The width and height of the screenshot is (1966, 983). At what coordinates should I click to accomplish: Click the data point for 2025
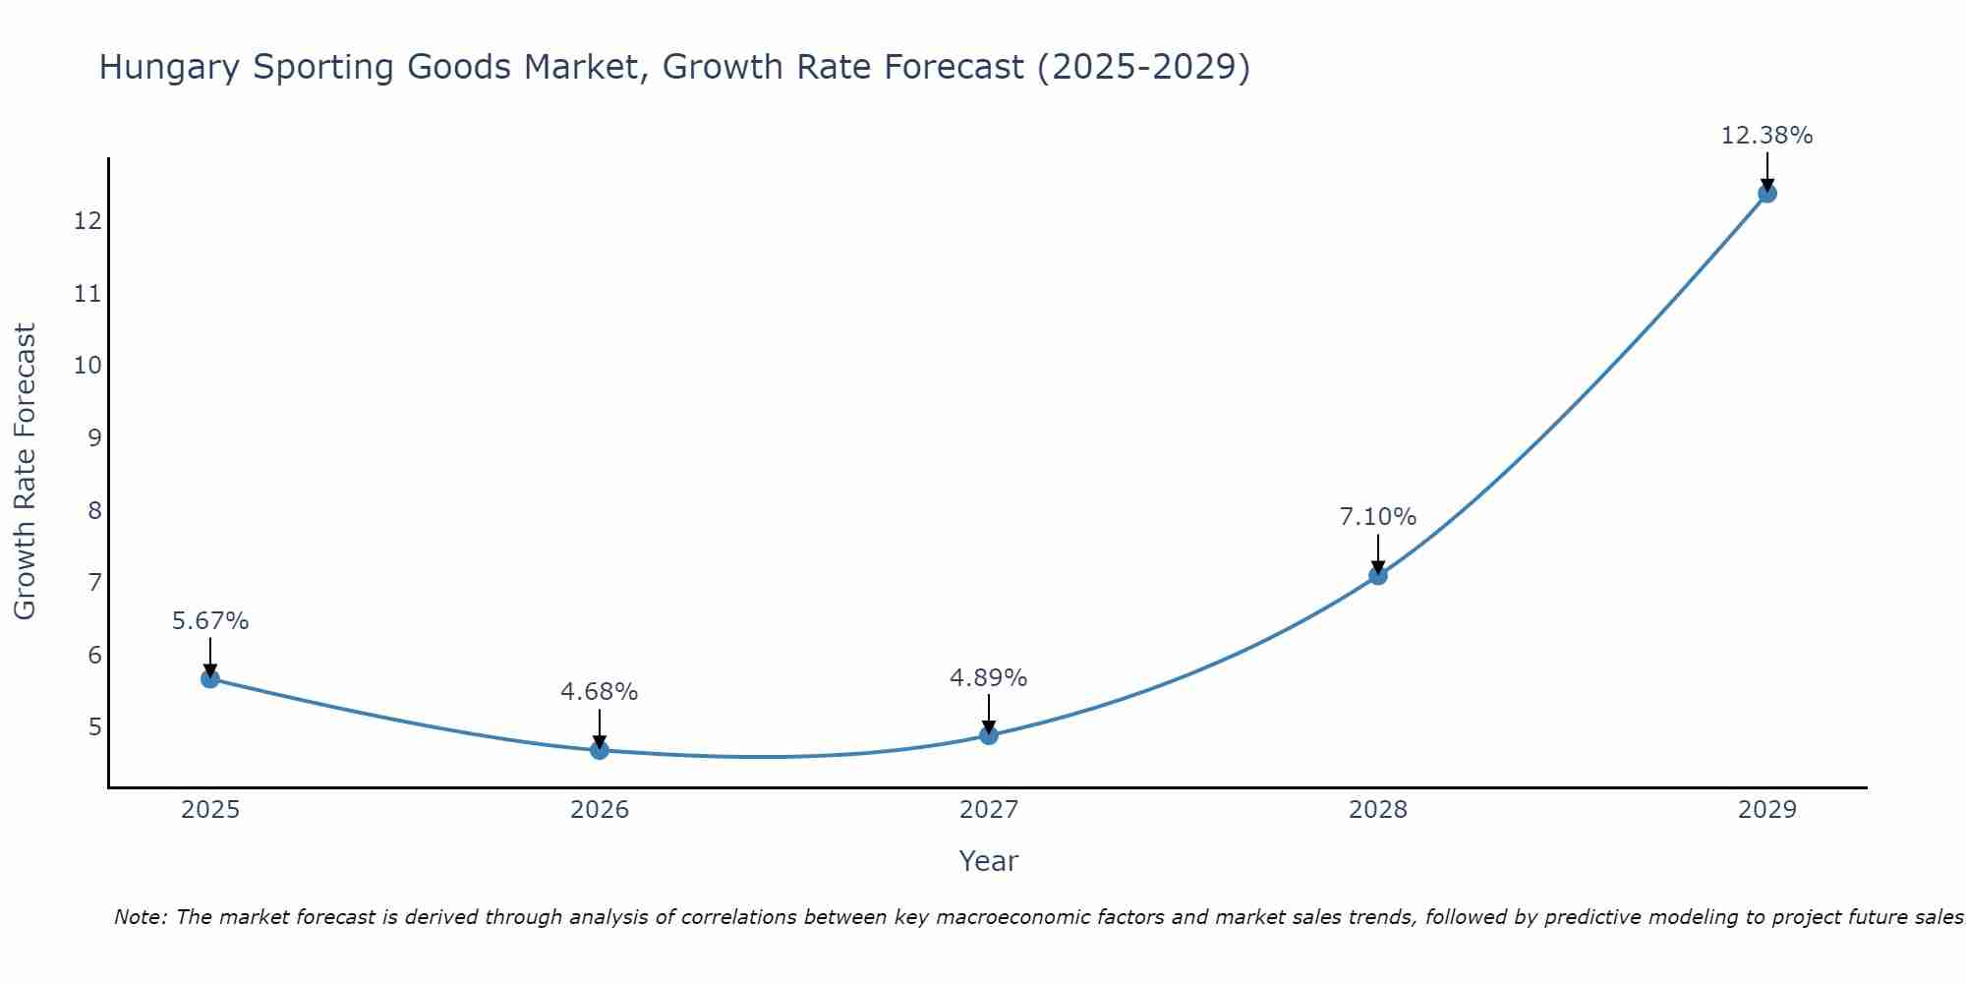[x=210, y=678]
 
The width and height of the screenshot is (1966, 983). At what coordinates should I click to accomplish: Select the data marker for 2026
[x=600, y=750]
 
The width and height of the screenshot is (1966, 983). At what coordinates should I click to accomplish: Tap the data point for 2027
[x=989, y=735]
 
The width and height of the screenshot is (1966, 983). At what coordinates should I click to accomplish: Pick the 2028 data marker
[x=1378, y=575]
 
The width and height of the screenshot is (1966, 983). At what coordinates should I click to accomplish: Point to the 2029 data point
[x=1767, y=193]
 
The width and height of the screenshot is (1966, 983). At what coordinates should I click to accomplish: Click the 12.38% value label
[x=1766, y=136]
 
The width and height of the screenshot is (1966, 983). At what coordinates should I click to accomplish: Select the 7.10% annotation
[x=1378, y=517]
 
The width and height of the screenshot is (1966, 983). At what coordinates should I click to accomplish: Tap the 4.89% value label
[x=988, y=678]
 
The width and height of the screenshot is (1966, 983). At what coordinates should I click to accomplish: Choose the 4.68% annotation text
[x=599, y=692]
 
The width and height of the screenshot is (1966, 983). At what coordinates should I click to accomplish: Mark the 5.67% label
[x=210, y=621]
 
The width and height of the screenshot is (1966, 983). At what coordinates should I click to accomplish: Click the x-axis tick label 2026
[x=600, y=810]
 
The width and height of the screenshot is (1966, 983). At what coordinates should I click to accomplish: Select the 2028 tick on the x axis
[x=1378, y=810]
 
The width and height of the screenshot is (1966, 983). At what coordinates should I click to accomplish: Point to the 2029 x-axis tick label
[x=1767, y=810]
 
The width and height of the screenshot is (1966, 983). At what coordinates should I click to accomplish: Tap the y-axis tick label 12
[x=87, y=220]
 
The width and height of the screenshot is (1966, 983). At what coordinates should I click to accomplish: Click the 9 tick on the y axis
[x=94, y=437]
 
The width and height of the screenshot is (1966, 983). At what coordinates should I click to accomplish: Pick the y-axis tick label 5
[x=94, y=727]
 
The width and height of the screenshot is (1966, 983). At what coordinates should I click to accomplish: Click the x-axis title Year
[x=988, y=861]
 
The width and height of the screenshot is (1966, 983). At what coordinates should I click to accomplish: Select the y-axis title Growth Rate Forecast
[x=25, y=471]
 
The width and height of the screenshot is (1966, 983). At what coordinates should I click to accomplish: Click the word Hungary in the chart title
[x=169, y=67]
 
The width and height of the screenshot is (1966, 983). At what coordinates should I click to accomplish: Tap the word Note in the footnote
[x=141, y=917]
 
